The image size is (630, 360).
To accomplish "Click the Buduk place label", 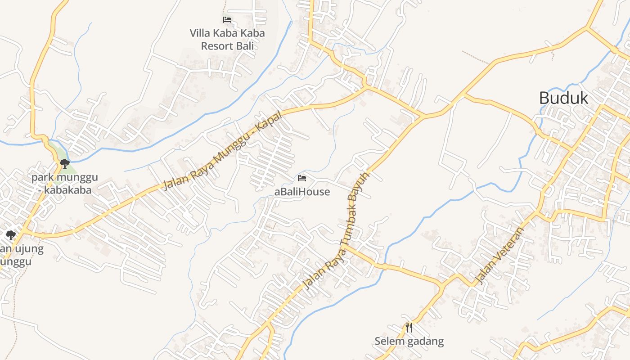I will (x=563, y=98).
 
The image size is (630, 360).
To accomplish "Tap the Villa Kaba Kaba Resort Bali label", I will (x=227, y=39).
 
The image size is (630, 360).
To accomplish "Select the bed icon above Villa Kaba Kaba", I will (x=227, y=20).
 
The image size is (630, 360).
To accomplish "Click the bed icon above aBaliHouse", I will (x=302, y=178).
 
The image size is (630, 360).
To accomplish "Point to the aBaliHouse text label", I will (x=302, y=192).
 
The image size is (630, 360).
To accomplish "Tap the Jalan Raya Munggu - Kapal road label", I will (x=223, y=150).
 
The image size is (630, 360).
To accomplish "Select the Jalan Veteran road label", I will (x=500, y=256).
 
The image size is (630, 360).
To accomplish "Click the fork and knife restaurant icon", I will (x=409, y=328).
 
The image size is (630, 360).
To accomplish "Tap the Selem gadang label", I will (x=409, y=341).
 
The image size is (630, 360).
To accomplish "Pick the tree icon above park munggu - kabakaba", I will (x=65, y=163).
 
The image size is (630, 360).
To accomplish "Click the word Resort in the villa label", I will (x=219, y=46).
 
